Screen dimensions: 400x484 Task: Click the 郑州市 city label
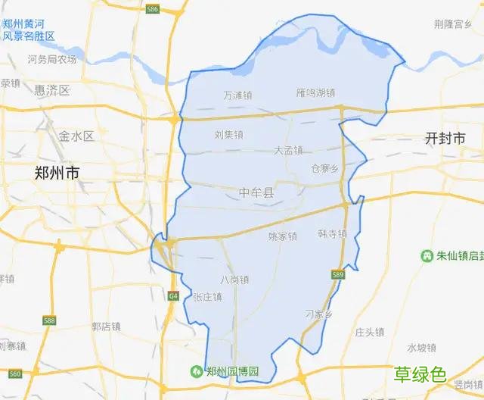tap(57, 173)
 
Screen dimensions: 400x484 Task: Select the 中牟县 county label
tap(258, 193)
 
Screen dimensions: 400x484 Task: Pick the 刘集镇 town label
tap(228, 136)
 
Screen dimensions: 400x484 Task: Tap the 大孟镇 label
tap(288, 150)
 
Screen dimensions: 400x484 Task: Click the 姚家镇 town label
tap(282, 236)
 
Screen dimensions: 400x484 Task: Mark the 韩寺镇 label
tap(332, 234)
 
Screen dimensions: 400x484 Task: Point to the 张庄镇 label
tap(207, 297)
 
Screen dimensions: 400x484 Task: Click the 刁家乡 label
tap(318, 314)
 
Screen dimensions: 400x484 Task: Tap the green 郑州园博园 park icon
tap(196, 372)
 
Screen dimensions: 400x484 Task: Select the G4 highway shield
tap(173, 295)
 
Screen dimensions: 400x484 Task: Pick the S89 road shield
tap(337, 273)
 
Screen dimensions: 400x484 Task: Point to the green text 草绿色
tap(419, 374)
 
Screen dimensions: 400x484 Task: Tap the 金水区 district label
tap(76, 136)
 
